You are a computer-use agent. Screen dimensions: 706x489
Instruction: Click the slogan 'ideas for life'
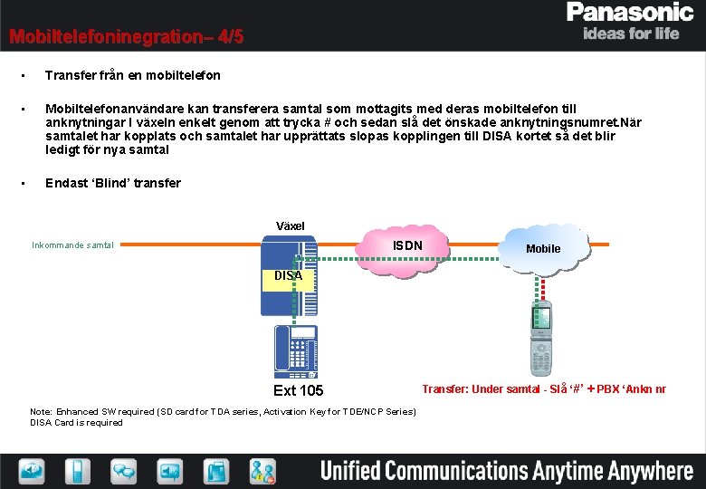click(x=631, y=34)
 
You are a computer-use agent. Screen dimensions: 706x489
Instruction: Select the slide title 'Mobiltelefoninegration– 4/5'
click(x=126, y=37)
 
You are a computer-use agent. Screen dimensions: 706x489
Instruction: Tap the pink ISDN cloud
click(x=406, y=245)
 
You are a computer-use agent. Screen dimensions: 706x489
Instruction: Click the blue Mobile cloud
click(x=543, y=247)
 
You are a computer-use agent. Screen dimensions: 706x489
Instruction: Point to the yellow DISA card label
click(x=288, y=275)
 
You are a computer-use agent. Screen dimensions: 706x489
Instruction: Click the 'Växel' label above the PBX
click(x=290, y=225)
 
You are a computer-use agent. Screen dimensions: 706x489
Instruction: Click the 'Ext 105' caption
click(x=298, y=390)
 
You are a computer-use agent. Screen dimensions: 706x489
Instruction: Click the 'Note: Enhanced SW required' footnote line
click(x=224, y=412)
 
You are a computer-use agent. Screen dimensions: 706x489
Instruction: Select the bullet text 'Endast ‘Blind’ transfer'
click(x=113, y=183)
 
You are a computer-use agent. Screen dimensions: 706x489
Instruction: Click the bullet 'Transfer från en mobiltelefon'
click(x=132, y=75)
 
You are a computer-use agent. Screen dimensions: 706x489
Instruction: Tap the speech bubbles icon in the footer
click(x=124, y=471)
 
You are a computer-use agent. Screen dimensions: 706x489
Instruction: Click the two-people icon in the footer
click(x=263, y=471)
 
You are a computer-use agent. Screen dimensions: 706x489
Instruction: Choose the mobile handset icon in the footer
click(x=78, y=471)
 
